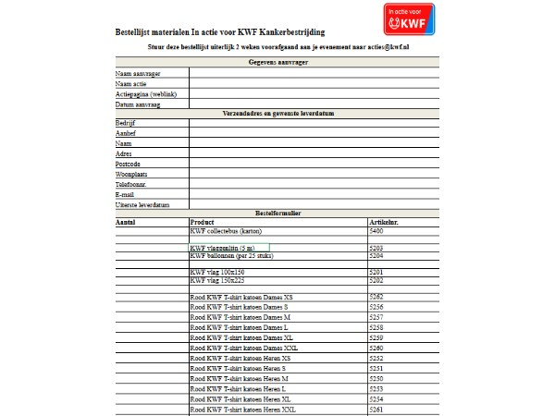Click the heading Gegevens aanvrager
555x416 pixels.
coord(278,62)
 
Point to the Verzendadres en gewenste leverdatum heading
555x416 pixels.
coord(278,113)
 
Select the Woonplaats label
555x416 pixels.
coord(131,174)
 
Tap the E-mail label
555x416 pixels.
coord(125,194)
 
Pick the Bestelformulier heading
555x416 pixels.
coord(278,214)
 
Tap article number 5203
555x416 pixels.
coord(376,248)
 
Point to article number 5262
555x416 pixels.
coord(376,296)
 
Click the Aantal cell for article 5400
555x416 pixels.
coord(150,231)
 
